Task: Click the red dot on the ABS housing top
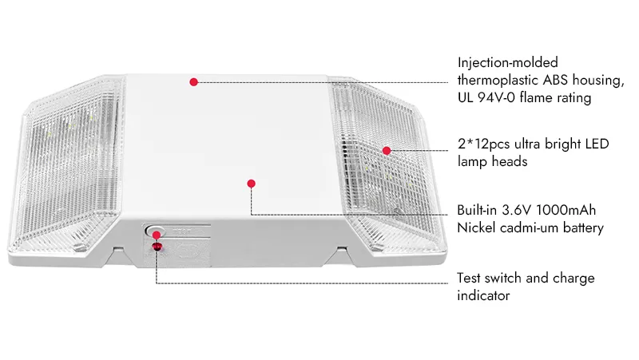[x=193, y=82]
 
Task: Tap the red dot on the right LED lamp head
[x=387, y=151]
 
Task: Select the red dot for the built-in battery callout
[x=251, y=184]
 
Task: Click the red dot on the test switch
[x=156, y=235]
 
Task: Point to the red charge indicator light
[x=157, y=247]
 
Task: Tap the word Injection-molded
[x=507, y=63]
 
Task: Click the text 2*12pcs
[x=484, y=144]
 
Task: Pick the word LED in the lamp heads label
[x=597, y=144]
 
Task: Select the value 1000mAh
[x=566, y=210]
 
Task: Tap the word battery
[x=583, y=228]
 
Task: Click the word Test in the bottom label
[x=469, y=278]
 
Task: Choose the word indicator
[x=483, y=295]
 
